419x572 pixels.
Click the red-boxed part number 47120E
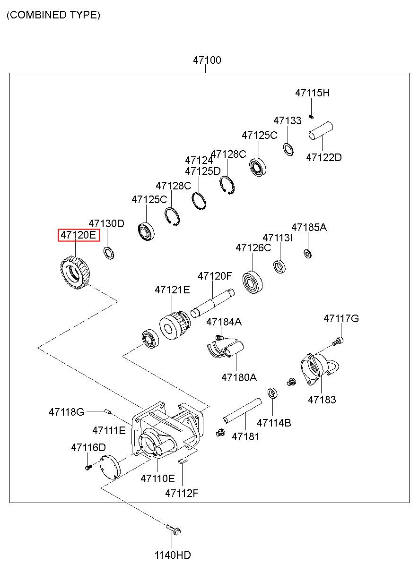[x=78, y=235]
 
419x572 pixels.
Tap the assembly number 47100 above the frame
[x=207, y=60]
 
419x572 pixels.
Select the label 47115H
[x=313, y=93]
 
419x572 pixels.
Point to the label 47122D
[x=323, y=158]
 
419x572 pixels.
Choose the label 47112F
[x=182, y=493]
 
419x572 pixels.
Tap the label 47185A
[x=309, y=227]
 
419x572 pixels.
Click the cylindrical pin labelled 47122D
[x=321, y=131]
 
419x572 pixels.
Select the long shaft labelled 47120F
[x=213, y=303]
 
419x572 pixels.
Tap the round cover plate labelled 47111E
[x=110, y=468]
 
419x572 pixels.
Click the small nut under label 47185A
[x=308, y=254]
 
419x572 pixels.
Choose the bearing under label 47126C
[x=253, y=283]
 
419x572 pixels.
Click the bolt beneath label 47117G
[x=338, y=341]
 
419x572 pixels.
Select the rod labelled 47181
[x=242, y=411]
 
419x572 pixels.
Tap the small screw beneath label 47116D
[x=88, y=467]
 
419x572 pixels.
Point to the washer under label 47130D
[x=109, y=253]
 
